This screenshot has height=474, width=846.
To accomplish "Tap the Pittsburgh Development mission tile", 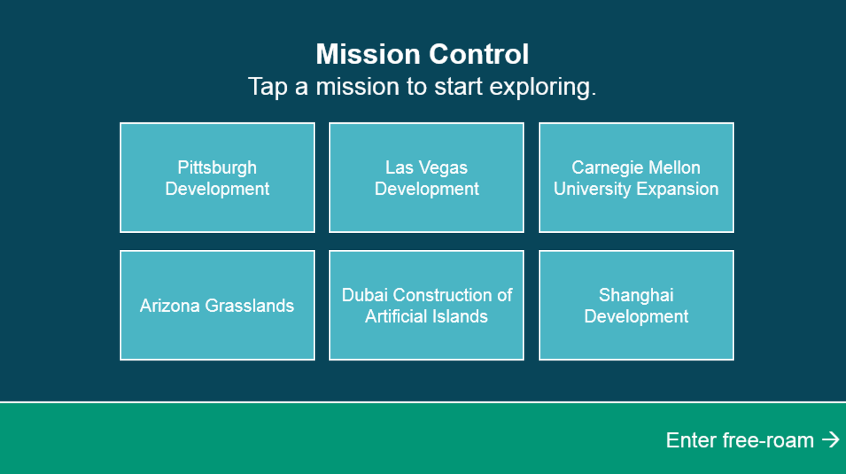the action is click(217, 178).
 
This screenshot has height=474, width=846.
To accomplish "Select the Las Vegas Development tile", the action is click(426, 178).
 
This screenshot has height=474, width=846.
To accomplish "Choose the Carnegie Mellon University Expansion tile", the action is click(636, 178).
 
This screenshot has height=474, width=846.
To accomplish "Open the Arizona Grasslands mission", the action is click(217, 305).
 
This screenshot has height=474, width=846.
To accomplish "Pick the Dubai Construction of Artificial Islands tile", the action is click(426, 305).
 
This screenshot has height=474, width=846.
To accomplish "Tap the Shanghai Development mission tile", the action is click(636, 305).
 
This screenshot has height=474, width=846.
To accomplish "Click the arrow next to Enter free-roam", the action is click(830, 440).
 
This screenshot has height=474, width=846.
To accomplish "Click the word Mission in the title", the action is click(368, 54).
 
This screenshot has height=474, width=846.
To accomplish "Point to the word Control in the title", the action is click(479, 54).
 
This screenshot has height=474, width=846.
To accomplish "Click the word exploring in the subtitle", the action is click(543, 87).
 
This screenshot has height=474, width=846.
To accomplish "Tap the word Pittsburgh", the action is click(217, 168).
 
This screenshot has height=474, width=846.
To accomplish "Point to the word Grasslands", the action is click(249, 306).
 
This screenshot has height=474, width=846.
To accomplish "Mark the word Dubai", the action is click(365, 295).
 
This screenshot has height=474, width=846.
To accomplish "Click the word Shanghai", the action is click(636, 295).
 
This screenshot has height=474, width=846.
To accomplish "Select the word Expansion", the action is click(677, 189).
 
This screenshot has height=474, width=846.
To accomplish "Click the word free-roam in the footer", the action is click(768, 440).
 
